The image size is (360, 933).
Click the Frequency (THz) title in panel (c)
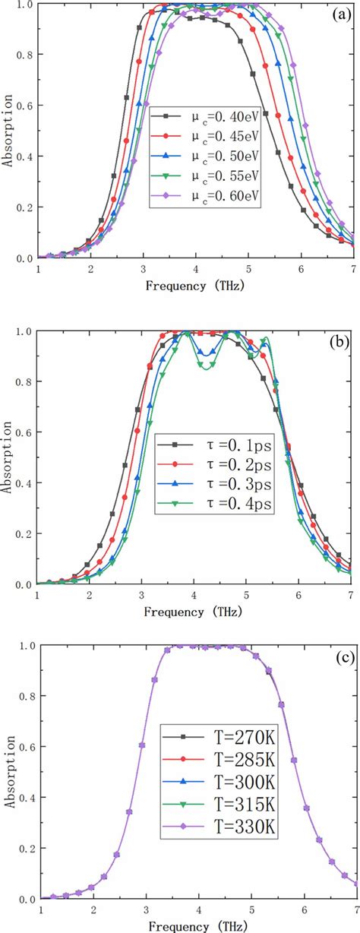point(196,926)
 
